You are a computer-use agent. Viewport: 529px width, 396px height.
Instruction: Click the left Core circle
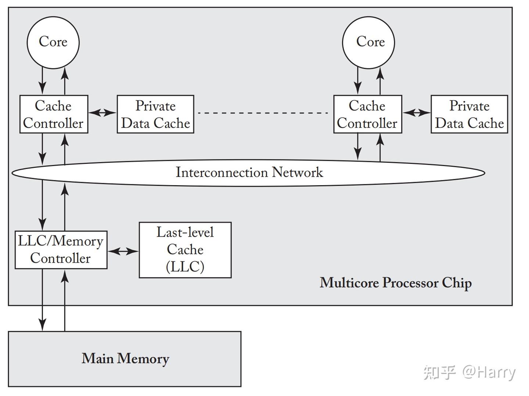tap(53, 42)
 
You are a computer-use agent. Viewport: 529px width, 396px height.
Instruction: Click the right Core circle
tap(368, 42)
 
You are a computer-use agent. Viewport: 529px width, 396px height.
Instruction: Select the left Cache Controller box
tap(54, 114)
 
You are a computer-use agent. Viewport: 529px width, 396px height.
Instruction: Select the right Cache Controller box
tap(367, 114)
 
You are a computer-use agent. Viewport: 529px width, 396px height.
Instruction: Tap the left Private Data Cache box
tap(155, 114)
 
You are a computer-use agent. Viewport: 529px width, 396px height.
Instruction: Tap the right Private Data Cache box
tap(469, 114)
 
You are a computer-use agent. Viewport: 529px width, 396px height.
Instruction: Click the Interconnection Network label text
tap(249, 172)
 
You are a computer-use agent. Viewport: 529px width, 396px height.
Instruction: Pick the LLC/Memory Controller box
tap(61, 250)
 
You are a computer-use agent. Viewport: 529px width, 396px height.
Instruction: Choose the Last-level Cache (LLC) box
tap(185, 250)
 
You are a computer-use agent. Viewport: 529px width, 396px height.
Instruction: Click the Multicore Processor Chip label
tap(396, 283)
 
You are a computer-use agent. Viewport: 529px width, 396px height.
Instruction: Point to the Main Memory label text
tap(125, 359)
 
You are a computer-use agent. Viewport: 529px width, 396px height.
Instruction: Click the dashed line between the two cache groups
tap(263, 113)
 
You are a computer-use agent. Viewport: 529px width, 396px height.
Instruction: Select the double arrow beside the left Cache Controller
tap(102, 113)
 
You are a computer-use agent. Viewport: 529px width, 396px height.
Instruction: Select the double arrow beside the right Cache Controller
tap(416, 113)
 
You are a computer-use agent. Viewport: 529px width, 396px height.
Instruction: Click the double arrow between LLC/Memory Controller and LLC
tap(123, 251)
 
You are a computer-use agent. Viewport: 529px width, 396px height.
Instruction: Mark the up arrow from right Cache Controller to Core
tap(380, 82)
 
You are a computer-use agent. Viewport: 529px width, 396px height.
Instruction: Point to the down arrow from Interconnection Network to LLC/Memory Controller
tap(43, 206)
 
